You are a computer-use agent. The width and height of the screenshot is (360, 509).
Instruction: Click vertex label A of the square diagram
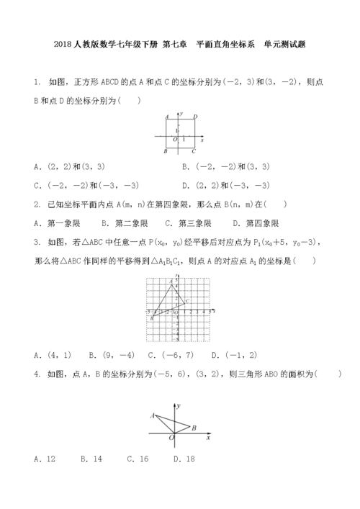[166, 116]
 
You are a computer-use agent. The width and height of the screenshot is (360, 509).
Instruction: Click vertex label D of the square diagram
[196, 116]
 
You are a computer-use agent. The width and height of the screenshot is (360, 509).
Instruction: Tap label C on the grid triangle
[187, 300]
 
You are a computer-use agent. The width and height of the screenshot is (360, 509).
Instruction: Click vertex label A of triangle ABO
[152, 415]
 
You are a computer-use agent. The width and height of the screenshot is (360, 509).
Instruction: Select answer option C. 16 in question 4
[138, 459]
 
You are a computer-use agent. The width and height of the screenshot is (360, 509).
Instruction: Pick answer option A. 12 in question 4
[40, 459]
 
